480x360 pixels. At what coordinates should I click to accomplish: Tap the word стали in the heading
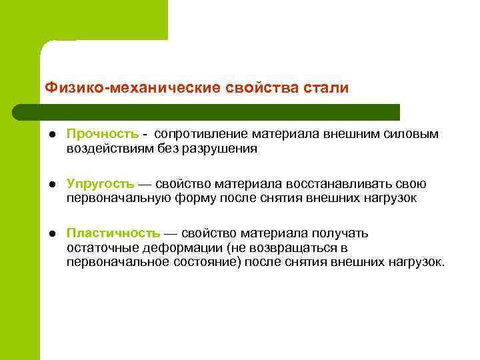[325, 88]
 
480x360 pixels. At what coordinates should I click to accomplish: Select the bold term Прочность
[102, 134]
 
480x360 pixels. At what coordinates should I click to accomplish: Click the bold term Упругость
[100, 184]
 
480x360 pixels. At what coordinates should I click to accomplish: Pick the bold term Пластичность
[113, 233]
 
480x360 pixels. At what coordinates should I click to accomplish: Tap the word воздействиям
[110, 149]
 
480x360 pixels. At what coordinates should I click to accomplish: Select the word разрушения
[220, 149]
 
